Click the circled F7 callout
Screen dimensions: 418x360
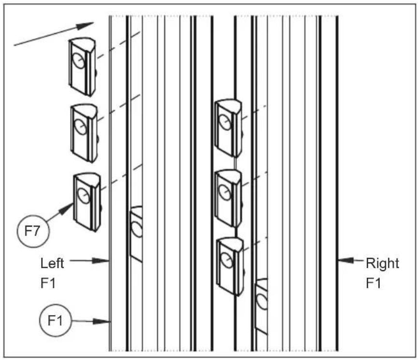[33, 231]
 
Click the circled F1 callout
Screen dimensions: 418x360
[55, 320]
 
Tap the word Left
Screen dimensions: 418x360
[52, 263]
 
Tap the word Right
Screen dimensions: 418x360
[382, 264]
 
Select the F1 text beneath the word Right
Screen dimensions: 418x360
[373, 283]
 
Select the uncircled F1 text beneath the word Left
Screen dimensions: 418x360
[48, 283]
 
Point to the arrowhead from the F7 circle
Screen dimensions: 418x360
[66, 209]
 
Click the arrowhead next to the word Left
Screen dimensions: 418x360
[101, 260]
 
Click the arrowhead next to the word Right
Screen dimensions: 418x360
[346, 260]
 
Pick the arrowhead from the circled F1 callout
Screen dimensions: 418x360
[101, 321]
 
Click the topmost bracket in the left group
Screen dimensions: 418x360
[82, 67]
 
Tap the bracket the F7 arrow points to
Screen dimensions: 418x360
[87, 202]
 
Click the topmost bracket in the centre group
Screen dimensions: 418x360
[229, 128]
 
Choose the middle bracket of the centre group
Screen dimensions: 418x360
[229, 199]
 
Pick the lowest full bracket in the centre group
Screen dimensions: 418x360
[231, 266]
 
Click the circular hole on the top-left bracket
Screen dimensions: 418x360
[79, 61]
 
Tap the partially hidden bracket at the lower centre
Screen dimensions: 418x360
[261, 306]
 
